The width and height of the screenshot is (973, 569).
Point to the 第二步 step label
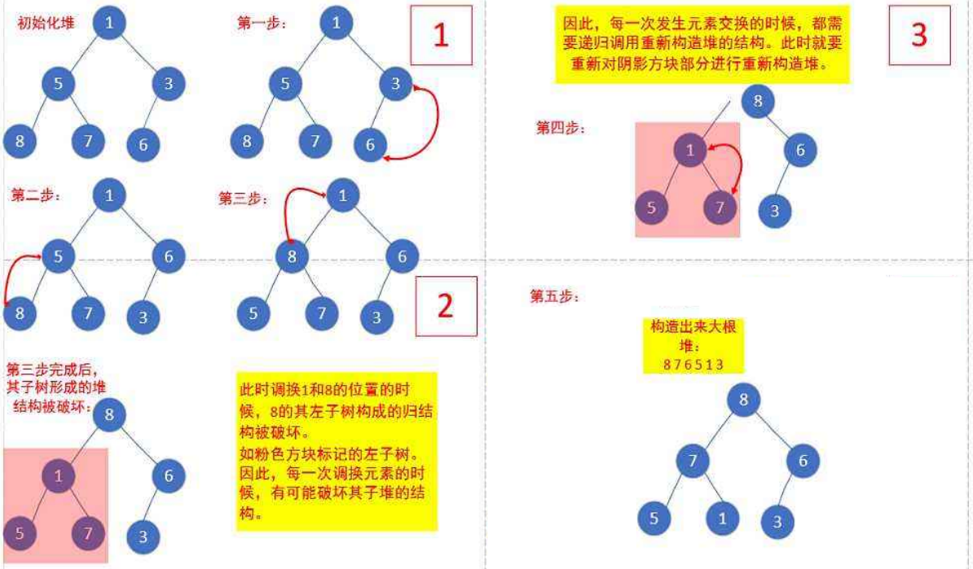tap(36, 196)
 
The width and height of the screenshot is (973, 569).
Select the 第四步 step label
tap(560, 128)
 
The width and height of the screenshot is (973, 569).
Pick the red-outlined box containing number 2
tap(445, 305)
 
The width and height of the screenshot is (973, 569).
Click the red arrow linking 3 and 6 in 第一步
tap(426, 122)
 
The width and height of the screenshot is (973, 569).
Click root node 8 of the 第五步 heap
tap(743, 399)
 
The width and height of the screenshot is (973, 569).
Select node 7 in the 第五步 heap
tap(692, 462)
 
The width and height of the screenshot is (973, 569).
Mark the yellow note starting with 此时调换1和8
tap(335, 450)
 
